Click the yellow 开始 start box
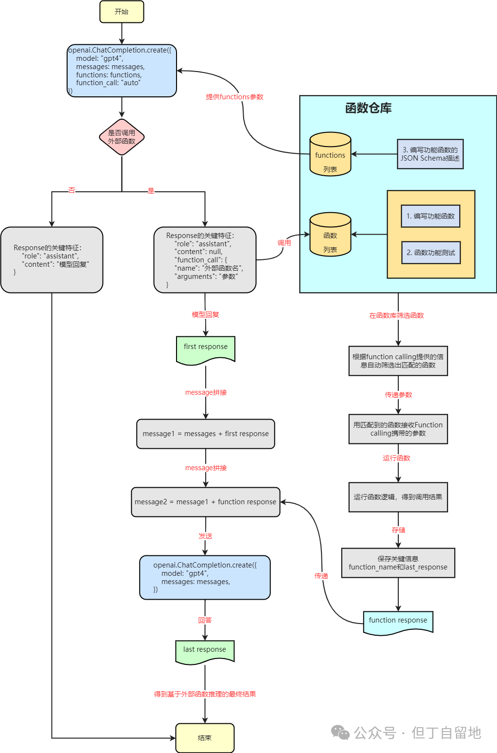(x=122, y=12)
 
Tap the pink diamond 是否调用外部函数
(x=122, y=137)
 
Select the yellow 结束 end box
(x=205, y=737)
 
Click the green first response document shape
(x=206, y=349)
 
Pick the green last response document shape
(x=205, y=651)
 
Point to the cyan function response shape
(x=398, y=622)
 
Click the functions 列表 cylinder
(x=330, y=155)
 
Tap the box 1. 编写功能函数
(x=430, y=216)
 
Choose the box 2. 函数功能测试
(x=431, y=253)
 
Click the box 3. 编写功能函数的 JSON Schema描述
(x=430, y=154)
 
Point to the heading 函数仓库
(x=368, y=108)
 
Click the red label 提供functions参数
(x=234, y=97)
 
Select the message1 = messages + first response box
(x=206, y=434)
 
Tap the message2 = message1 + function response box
(x=206, y=502)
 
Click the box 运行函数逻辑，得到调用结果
(x=398, y=497)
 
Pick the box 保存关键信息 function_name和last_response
(x=398, y=563)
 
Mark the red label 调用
(x=284, y=243)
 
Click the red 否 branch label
(x=71, y=190)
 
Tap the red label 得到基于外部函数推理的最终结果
(x=205, y=694)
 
